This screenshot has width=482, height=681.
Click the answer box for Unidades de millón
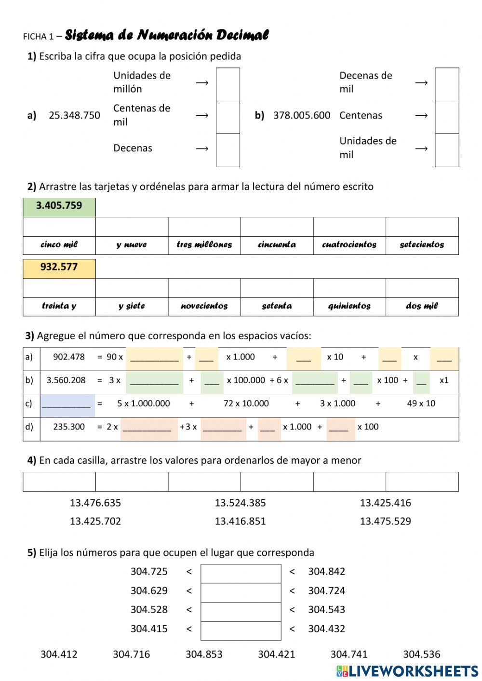[228, 84]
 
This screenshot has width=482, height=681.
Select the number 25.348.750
[74, 115]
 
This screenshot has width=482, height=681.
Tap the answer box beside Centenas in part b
[447, 117]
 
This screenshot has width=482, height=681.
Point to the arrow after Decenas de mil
[421, 82]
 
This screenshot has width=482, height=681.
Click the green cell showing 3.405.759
[59, 206]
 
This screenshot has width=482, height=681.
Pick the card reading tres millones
[204, 244]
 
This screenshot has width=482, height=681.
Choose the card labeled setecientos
[422, 244]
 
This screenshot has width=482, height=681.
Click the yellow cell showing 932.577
[59, 267]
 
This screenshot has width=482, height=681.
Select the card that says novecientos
[204, 306]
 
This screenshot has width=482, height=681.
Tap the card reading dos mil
[422, 306]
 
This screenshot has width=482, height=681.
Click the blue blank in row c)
[66, 404]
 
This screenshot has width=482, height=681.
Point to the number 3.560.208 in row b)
[66, 380]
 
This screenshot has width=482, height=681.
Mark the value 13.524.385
[240, 503]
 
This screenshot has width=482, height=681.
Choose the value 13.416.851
[240, 521]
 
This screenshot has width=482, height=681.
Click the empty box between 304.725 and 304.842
[241, 573]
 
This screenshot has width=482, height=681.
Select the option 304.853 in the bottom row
[204, 654]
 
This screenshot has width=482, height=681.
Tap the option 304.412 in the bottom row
[59, 654]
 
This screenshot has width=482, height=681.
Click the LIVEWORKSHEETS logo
[407, 670]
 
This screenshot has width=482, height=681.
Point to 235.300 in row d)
[69, 427]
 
